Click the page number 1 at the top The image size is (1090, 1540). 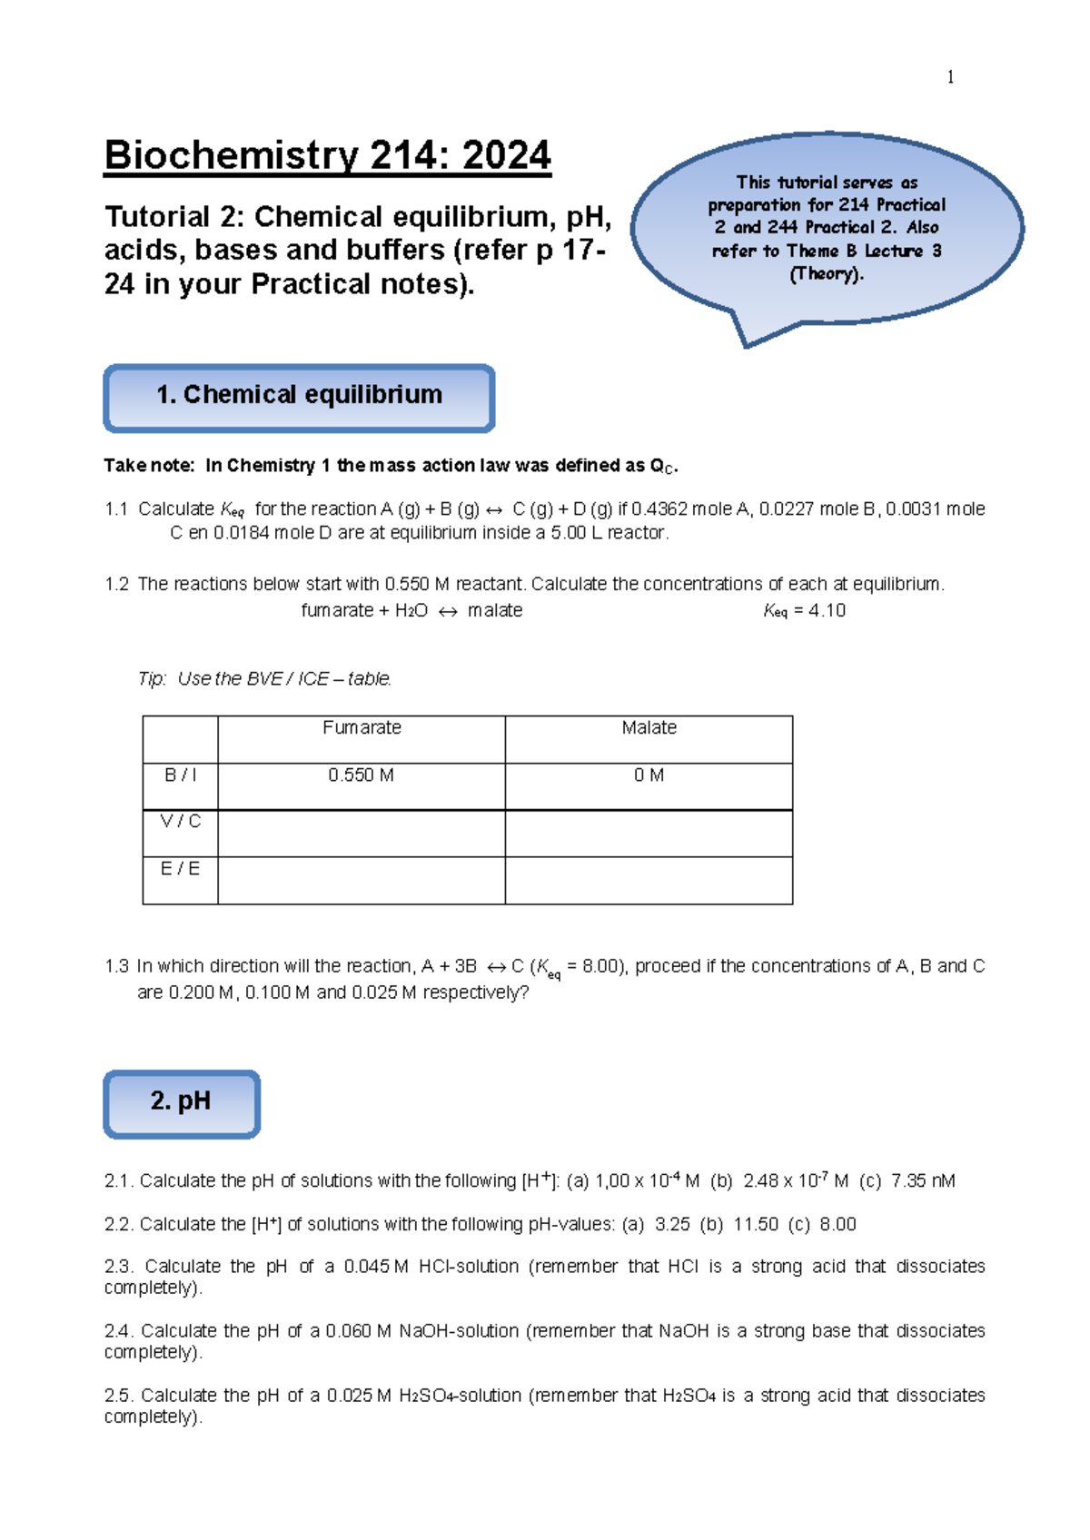(950, 77)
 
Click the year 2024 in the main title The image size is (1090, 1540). (506, 155)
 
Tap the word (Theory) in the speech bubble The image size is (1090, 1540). (826, 274)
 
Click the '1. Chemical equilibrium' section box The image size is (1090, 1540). (299, 397)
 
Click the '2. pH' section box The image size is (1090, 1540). (182, 1102)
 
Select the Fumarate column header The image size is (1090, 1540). (362, 727)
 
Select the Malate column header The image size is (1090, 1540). (649, 727)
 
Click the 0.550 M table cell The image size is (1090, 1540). (361, 775)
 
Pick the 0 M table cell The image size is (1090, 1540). (649, 775)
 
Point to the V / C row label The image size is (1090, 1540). (180, 822)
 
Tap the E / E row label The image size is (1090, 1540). (180, 869)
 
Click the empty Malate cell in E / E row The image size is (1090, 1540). (649, 880)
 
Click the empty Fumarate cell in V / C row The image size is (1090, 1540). (361, 833)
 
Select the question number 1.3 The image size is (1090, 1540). (116, 966)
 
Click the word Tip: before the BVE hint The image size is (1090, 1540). (152, 678)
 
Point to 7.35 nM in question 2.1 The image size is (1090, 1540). (922, 1180)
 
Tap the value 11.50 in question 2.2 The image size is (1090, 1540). (756, 1224)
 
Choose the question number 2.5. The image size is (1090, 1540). (119, 1395)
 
